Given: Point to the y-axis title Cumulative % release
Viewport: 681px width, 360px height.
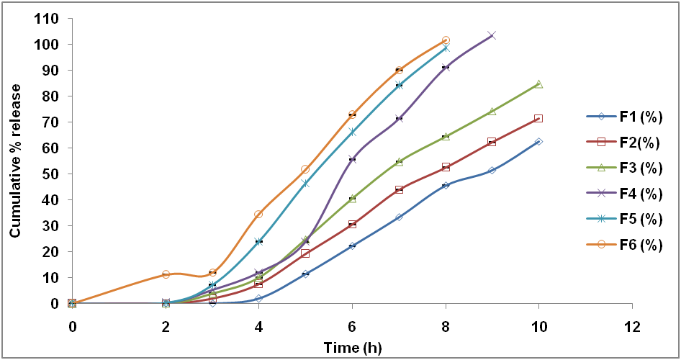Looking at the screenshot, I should (x=15, y=161).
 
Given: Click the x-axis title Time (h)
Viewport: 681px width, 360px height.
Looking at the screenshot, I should (x=352, y=346).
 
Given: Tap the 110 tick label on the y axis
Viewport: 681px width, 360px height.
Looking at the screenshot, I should (x=47, y=19).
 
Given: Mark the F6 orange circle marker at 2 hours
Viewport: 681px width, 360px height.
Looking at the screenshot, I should (x=166, y=274).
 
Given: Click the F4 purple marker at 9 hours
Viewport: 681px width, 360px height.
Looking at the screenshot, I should (x=492, y=35).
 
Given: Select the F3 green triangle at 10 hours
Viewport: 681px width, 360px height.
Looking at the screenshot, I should (x=538, y=84).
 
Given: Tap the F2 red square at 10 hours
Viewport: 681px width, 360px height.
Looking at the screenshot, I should (x=538, y=118).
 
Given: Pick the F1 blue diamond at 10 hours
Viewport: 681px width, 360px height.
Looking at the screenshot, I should (x=538, y=142).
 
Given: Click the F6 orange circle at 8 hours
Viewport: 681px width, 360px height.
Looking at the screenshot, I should (x=446, y=40).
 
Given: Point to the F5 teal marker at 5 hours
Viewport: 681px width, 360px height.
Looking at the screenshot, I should (x=305, y=184).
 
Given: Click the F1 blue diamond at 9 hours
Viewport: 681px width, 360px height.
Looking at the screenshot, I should (x=492, y=171).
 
